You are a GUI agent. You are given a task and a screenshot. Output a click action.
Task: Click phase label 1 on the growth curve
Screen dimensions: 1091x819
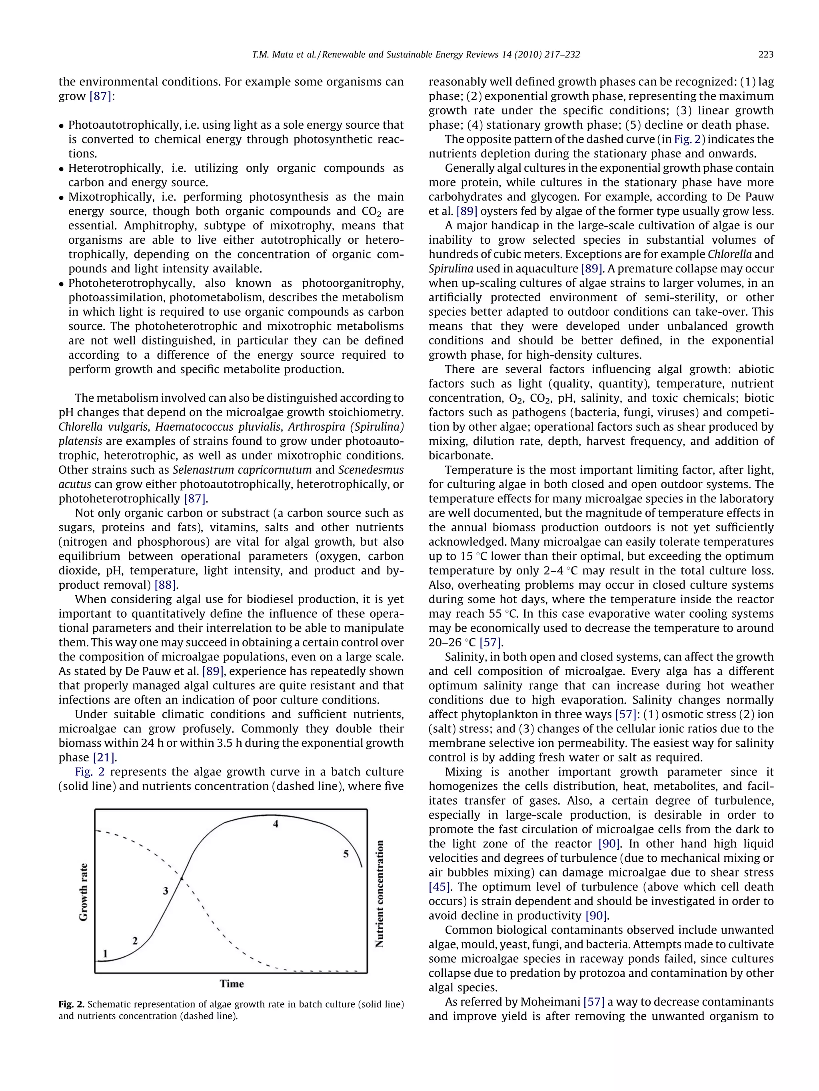pos(105,954)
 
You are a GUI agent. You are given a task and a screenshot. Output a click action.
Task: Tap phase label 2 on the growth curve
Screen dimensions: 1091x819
pos(135,940)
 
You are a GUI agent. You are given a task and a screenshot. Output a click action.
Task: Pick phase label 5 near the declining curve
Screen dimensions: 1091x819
pos(346,854)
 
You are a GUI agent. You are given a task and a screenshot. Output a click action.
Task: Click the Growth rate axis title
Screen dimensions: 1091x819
pos(84,892)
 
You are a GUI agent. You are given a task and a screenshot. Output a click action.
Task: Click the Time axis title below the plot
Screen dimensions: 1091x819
pos(232,984)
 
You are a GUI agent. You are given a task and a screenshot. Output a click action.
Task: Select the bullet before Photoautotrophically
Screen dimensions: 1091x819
pos(61,126)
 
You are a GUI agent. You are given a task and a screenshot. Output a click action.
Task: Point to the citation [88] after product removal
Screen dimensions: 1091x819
pos(166,585)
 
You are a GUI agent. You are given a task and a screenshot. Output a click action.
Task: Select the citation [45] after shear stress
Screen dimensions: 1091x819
pos(439,887)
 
